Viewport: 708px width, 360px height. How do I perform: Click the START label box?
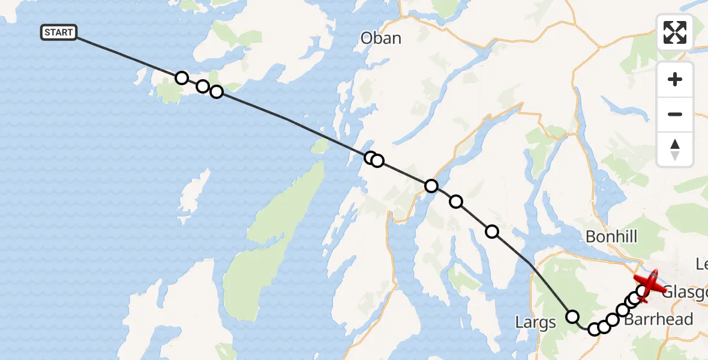pyautogui.click(x=59, y=32)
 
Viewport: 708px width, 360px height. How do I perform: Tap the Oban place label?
pyautogui.click(x=380, y=38)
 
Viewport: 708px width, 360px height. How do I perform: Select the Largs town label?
pyautogui.click(x=535, y=323)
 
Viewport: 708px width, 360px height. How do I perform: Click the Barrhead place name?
pyautogui.click(x=658, y=319)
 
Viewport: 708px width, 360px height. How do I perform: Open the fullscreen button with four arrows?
pyautogui.click(x=675, y=32)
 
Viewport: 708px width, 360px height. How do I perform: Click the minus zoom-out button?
pyautogui.click(x=675, y=114)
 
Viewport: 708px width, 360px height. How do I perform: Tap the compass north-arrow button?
pyautogui.click(x=675, y=149)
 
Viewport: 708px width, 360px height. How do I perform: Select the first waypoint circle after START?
pyautogui.click(x=182, y=77)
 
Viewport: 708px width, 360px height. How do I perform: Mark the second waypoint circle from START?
pyautogui.click(x=203, y=86)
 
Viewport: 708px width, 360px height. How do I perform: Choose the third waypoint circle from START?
pyautogui.click(x=217, y=92)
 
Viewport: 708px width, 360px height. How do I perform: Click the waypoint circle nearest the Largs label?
pyautogui.click(x=572, y=316)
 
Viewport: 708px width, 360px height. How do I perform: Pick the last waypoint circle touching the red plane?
pyautogui.click(x=642, y=292)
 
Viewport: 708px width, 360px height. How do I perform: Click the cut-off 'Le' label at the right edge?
pyautogui.click(x=701, y=264)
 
